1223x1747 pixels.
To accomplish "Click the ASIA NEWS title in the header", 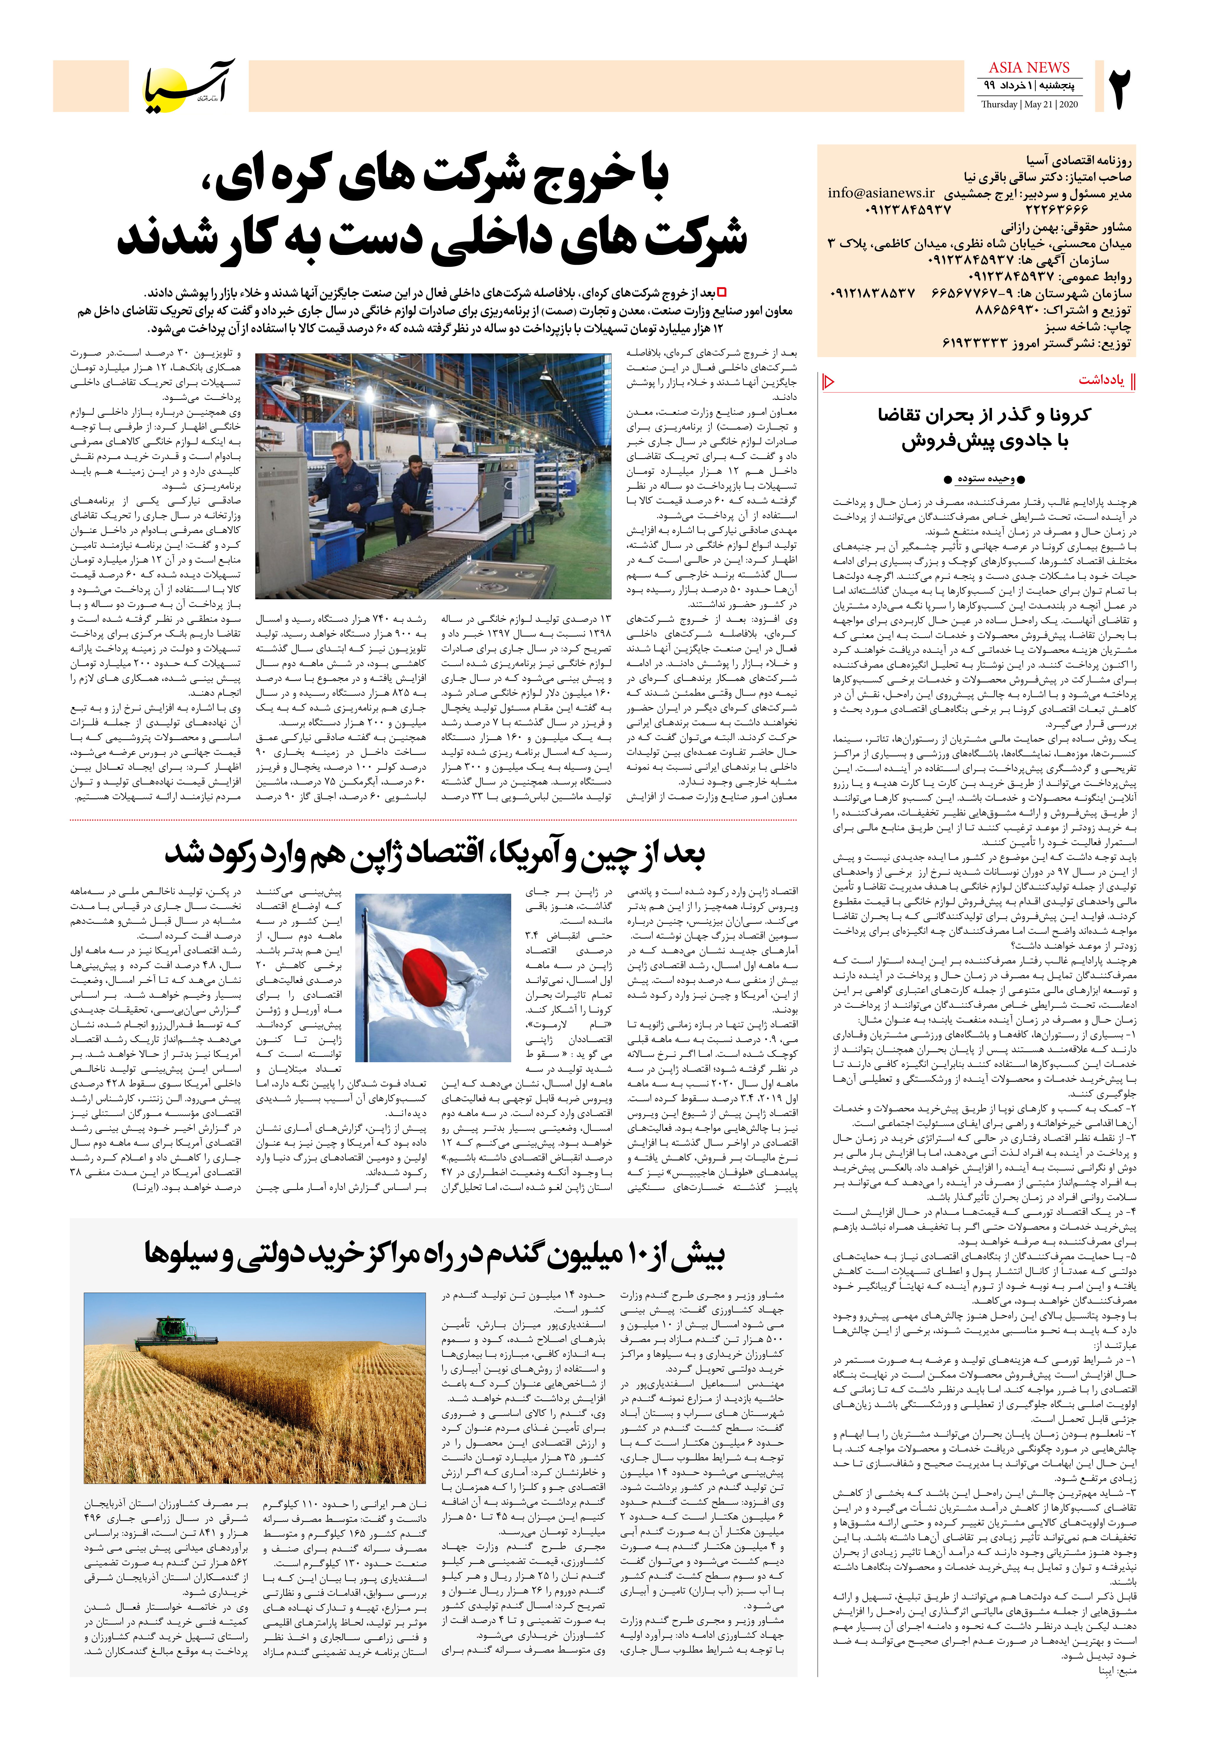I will click(x=1029, y=68).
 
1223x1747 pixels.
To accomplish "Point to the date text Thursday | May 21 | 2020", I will click(x=1029, y=104).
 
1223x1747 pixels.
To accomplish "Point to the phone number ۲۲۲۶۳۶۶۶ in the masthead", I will click(x=1057, y=209).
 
